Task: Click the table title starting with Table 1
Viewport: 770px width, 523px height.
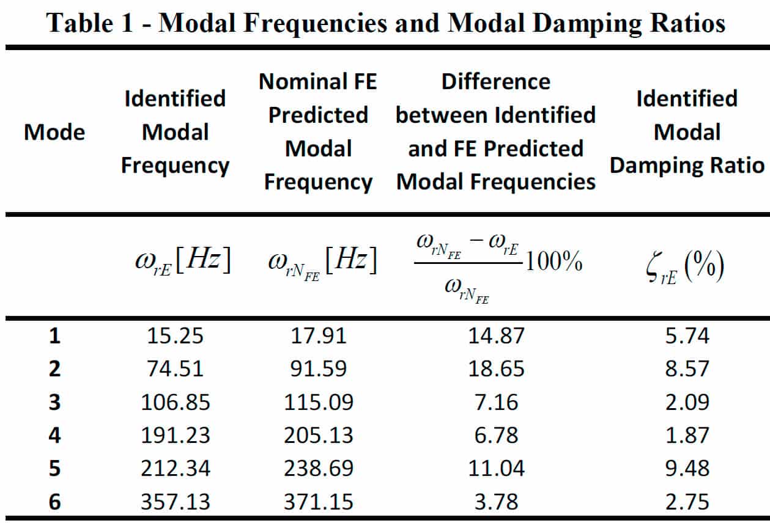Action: click(x=386, y=23)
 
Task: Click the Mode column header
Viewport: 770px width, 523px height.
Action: click(x=54, y=133)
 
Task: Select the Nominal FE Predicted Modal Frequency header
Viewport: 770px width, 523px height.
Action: click(x=318, y=132)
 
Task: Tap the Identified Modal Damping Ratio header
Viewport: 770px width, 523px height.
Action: click(x=687, y=132)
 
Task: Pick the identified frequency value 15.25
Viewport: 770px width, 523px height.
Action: click(x=175, y=336)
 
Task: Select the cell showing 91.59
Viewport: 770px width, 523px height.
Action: click(x=318, y=369)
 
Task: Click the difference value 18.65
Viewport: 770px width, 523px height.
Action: click(x=496, y=369)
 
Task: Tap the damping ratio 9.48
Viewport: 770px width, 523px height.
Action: click(x=687, y=468)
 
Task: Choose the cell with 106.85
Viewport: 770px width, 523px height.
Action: click(x=175, y=402)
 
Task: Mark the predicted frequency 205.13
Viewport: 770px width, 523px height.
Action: click(x=318, y=435)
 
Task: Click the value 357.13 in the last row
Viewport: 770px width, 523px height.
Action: click(x=175, y=502)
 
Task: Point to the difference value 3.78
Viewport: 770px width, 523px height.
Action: click(x=496, y=502)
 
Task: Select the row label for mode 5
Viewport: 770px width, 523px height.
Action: click(x=54, y=468)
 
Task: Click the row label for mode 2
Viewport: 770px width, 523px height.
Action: click(x=54, y=369)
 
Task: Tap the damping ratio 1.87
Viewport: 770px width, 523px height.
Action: click(x=687, y=435)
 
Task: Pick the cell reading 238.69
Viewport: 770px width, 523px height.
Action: click(x=318, y=468)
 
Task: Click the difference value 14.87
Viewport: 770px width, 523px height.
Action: click(x=496, y=336)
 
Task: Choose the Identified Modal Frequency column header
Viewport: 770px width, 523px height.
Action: click(x=175, y=132)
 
